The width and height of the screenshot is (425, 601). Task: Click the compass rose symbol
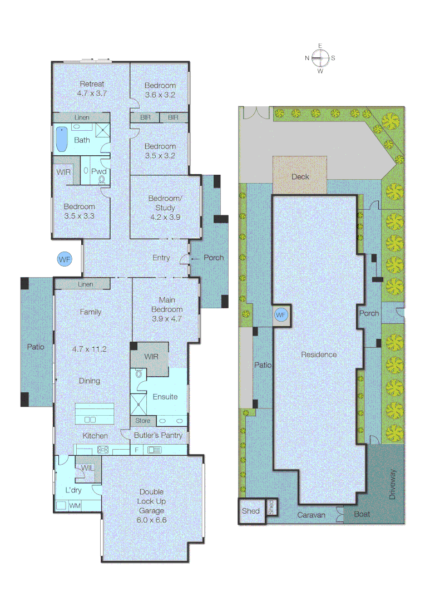[320, 57]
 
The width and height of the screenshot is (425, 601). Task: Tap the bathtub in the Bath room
[62, 139]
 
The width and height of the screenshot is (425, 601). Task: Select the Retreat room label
[91, 85]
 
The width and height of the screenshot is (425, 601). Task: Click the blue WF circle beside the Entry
[65, 259]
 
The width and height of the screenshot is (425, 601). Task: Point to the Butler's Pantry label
[159, 435]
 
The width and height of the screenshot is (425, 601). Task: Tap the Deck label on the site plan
[300, 176]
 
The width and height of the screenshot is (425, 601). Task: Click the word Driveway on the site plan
[393, 485]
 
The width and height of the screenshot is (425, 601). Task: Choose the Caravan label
[311, 515]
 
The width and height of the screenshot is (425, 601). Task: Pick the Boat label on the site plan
[362, 514]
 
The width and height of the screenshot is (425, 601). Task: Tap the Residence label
[319, 354]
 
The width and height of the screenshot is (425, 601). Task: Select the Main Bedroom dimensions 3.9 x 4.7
[167, 319]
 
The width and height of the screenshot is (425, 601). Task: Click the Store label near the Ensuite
[142, 421]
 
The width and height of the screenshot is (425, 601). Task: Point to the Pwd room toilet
[102, 180]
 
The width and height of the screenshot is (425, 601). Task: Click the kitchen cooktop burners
[103, 450]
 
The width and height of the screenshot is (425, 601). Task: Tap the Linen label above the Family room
[85, 284]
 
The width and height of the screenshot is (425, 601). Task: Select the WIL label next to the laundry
[87, 468]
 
